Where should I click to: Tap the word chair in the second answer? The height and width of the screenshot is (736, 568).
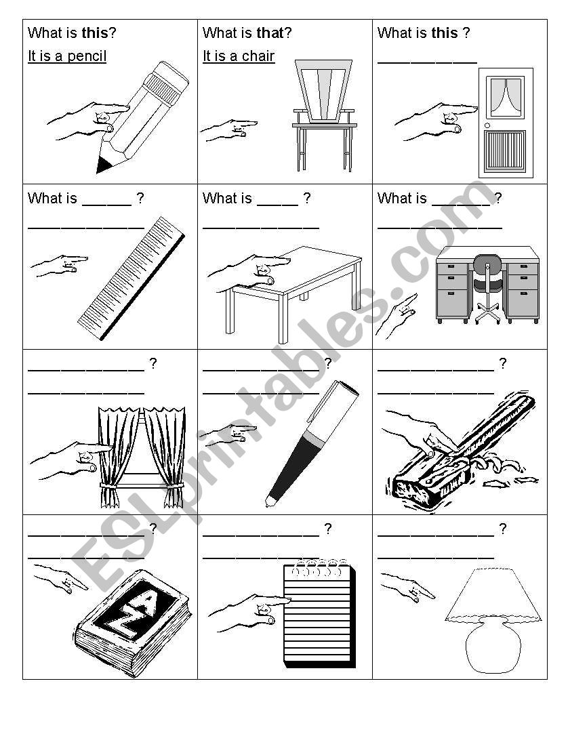tap(258, 56)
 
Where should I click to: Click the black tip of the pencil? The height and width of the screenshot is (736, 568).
tap(103, 164)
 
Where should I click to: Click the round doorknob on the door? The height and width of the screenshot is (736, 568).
tap(487, 126)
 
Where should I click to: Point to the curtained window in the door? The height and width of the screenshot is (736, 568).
tap(506, 97)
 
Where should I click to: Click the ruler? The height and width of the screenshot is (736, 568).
tap(131, 278)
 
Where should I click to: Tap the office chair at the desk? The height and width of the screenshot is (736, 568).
tap(487, 288)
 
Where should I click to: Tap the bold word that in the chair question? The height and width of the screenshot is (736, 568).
tap(270, 33)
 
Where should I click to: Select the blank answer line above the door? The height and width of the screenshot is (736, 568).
tap(427, 62)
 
